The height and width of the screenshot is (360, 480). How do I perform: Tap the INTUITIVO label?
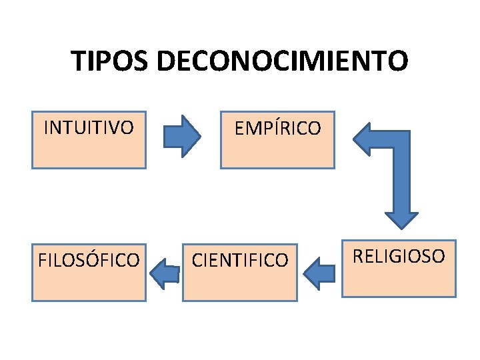(x=88, y=127)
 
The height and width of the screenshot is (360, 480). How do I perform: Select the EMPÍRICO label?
(x=277, y=127)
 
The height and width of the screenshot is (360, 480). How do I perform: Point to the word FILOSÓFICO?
(x=89, y=259)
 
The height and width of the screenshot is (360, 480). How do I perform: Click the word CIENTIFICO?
(x=240, y=259)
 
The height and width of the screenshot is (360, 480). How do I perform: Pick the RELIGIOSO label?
(x=399, y=255)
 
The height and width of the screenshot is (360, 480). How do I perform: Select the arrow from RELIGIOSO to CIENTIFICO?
(x=319, y=273)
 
